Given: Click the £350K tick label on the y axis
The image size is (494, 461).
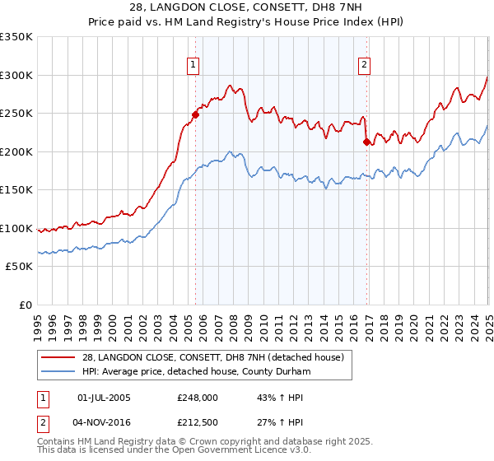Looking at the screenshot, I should (x=16, y=37).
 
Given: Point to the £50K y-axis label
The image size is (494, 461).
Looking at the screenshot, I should (x=19, y=267).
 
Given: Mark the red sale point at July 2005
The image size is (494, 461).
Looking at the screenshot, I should (x=196, y=114).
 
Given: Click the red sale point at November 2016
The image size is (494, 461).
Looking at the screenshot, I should (x=366, y=142).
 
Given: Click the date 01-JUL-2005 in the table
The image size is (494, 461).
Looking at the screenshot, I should (x=104, y=398).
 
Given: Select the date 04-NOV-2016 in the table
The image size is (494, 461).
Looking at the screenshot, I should (x=104, y=424).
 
